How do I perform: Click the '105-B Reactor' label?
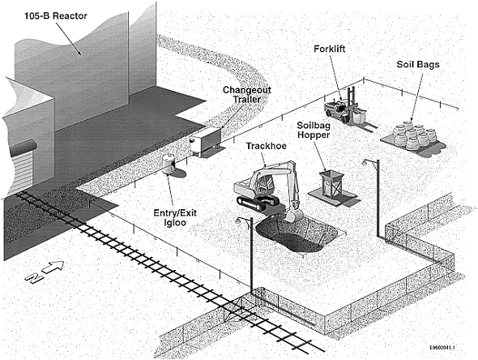(56, 16)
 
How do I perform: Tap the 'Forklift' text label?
(330, 49)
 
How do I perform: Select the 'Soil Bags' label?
(418, 64)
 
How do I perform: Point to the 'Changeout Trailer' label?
(247, 95)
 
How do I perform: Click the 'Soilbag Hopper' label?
(314, 130)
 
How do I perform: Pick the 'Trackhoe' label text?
(266, 146)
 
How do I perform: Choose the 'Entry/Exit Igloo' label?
(175, 217)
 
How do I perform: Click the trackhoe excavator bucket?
(293, 215)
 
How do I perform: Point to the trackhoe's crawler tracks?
(258, 203)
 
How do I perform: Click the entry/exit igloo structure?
(169, 164)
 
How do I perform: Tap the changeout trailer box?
(206, 142)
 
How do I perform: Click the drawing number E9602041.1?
(442, 348)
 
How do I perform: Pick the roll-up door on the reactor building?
(22, 172)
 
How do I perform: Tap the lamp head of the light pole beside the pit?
(239, 221)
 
